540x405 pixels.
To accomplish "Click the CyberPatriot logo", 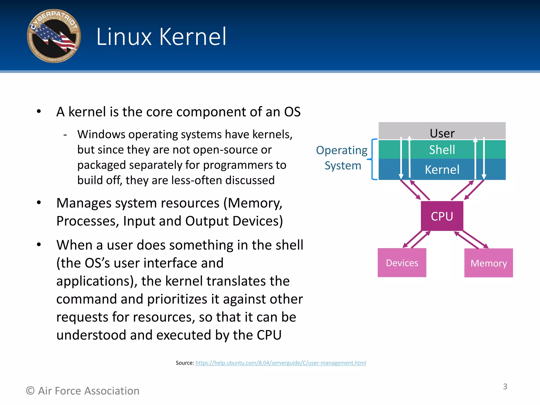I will pyautogui.click(x=54, y=36).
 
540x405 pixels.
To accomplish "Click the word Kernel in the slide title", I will pyautogui.click(x=193, y=37).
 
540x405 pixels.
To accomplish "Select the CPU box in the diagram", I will pyautogui.click(x=442, y=216).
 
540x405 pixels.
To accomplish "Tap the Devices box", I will pyautogui.click(x=402, y=263).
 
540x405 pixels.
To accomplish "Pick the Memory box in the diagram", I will pyautogui.click(x=489, y=263).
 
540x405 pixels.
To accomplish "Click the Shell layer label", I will pyautogui.click(x=442, y=150).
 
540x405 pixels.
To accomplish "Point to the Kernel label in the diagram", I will pyautogui.click(x=442, y=170).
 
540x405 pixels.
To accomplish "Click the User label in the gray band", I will pyautogui.click(x=442, y=133).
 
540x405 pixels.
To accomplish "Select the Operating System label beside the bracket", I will pyautogui.click(x=342, y=158).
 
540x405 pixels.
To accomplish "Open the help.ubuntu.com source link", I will pyautogui.click(x=281, y=363).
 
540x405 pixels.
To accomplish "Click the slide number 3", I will pyautogui.click(x=505, y=387).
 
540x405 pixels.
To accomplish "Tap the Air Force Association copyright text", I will pyautogui.click(x=83, y=391).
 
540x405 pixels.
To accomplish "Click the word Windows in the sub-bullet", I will pyautogui.click(x=101, y=134).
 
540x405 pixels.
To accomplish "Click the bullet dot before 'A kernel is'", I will pyautogui.click(x=39, y=112).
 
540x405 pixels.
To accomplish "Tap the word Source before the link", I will pyautogui.click(x=185, y=363).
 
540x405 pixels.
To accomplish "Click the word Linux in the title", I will pyautogui.click(x=124, y=37).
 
